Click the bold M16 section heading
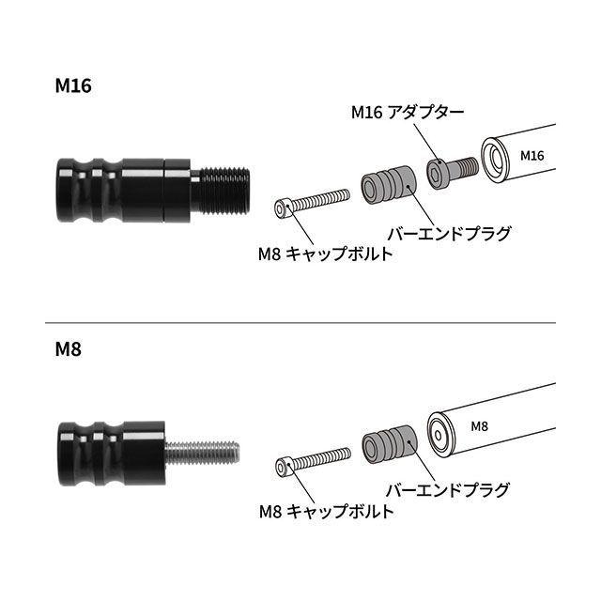[73, 85]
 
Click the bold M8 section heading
[69, 349]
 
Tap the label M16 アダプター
[408, 113]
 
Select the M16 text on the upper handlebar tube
[532, 156]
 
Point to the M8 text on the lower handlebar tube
[479, 426]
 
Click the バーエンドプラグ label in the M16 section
[449, 234]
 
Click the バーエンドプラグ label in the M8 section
[448, 490]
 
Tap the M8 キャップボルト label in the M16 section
[326, 254]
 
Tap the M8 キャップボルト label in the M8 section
[327, 511]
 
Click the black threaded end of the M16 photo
[221, 191]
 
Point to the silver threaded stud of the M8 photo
[202, 453]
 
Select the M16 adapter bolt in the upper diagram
[453, 173]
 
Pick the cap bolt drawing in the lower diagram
[313, 462]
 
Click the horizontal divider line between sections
[300, 323]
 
